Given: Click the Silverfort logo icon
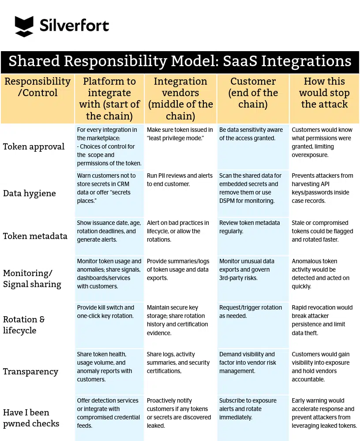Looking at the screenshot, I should [x=24, y=26].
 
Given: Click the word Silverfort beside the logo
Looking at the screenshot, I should [x=74, y=26].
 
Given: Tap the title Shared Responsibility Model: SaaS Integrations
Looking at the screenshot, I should [x=180, y=61].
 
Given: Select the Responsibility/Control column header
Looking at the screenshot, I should [x=37, y=87].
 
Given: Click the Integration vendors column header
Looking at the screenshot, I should [x=180, y=98].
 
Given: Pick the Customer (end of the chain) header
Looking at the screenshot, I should [x=253, y=93].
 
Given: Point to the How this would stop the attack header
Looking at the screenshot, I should [x=324, y=93].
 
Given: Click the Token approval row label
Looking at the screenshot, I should [x=34, y=146].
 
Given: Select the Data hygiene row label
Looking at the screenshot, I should [x=30, y=193].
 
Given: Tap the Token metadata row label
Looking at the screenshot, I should [x=35, y=236].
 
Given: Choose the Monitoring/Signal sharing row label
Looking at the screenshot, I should [x=32, y=279].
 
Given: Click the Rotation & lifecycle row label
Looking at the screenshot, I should [x=24, y=325].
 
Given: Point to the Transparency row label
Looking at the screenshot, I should [x=30, y=371].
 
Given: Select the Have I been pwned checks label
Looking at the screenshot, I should [x=31, y=418].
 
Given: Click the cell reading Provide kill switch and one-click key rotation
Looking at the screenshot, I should [x=106, y=312].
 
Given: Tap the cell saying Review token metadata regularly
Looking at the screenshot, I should [x=249, y=227].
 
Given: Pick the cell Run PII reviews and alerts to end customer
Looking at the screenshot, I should [x=180, y=180].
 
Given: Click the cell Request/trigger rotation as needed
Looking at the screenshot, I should [x=250, y=312].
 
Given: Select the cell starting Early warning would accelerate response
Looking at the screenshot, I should [x=324, y=413].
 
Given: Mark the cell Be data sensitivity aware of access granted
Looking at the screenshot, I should [x=251, y=134].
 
